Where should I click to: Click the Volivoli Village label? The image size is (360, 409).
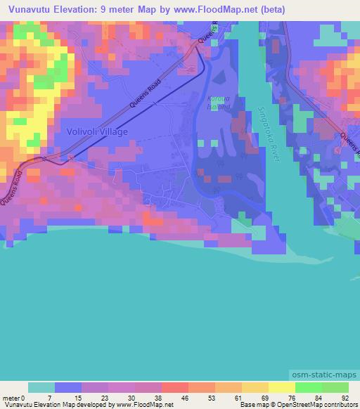click(97, 131)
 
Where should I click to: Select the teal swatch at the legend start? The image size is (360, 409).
click(41, 387)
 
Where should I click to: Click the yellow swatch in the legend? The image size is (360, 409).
click(281, 387)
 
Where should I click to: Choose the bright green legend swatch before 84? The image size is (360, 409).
click(308, 387)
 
